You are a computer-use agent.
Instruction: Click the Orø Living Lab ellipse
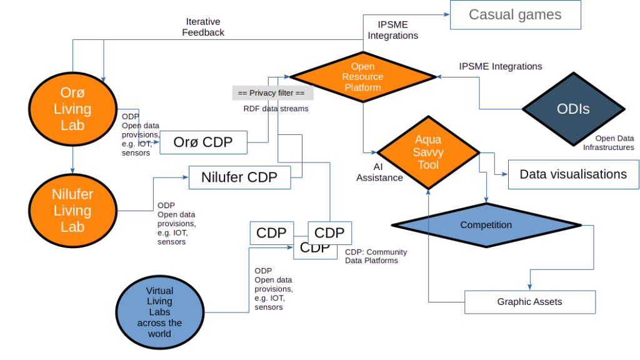[72, 109]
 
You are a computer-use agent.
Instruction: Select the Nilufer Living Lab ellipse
[72, 211]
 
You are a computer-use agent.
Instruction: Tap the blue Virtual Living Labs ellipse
[159, 312]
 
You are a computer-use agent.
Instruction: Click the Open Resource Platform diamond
[363, 77]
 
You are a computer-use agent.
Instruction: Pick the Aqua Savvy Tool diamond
[428, 152]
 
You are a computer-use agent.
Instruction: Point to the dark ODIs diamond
[573, 109]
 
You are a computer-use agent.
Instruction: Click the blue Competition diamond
[486, 225]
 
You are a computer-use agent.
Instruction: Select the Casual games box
[516, 15]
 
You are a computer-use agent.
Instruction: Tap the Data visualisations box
[573, 174]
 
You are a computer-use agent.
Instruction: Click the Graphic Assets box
[530, 302]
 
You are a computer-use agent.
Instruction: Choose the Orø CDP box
[203, 142]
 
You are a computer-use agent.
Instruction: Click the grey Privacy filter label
[272, 93]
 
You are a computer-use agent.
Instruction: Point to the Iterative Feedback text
[204, 27]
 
